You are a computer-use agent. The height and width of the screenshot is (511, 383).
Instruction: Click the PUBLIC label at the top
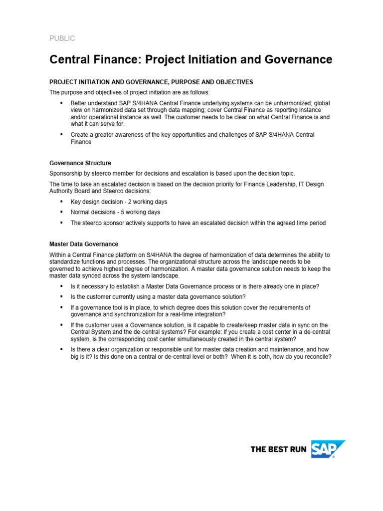coord(62,38)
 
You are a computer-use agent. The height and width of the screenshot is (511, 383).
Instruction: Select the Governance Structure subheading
coord(80,163)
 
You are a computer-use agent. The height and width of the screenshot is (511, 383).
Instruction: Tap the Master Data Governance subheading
coord(84,244)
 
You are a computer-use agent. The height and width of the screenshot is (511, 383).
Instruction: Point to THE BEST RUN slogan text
coord(278,450)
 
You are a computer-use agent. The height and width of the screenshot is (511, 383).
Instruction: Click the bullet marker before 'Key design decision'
coord(61,202)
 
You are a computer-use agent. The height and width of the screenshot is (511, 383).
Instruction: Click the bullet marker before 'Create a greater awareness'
coord(61,135)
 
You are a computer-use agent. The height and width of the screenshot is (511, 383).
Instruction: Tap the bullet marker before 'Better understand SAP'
coord(61,103)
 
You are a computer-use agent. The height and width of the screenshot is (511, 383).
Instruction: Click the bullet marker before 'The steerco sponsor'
coord(61,223)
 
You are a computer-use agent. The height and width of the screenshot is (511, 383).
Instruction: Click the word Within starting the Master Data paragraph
coord(58,255)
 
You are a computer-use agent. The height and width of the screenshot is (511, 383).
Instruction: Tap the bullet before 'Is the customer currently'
coord(61,296)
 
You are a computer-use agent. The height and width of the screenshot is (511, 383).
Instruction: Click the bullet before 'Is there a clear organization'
coord(61,349)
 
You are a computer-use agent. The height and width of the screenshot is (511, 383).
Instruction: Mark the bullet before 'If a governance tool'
coord(61,307)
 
